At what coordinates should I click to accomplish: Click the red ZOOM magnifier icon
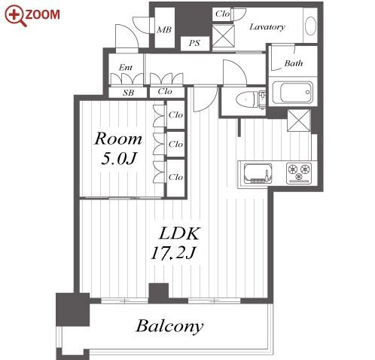coord(16,16)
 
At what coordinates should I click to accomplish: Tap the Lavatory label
coord(267,26)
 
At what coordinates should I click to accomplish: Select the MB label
coord(164,30)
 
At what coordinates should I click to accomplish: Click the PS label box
coord(195,44)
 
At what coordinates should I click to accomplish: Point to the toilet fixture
coord(249,100)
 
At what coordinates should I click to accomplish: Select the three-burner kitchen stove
coord(299,172)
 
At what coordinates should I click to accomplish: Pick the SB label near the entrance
coord(128,93)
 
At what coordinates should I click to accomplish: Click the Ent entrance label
coord(126,67)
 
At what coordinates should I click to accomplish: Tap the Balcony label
coord(169,326)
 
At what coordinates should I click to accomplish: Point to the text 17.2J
coord(173,253)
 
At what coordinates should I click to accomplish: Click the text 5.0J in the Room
coord(118,158)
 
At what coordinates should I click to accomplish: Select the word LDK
coord(179,233)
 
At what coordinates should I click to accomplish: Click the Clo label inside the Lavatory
coord(222,14)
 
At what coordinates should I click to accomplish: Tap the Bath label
coord(294,63)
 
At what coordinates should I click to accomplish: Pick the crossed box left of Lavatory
coord(223,35)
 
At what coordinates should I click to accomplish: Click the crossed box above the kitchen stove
coord(299,121)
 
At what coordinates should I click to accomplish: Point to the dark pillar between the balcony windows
coord(159,293)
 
